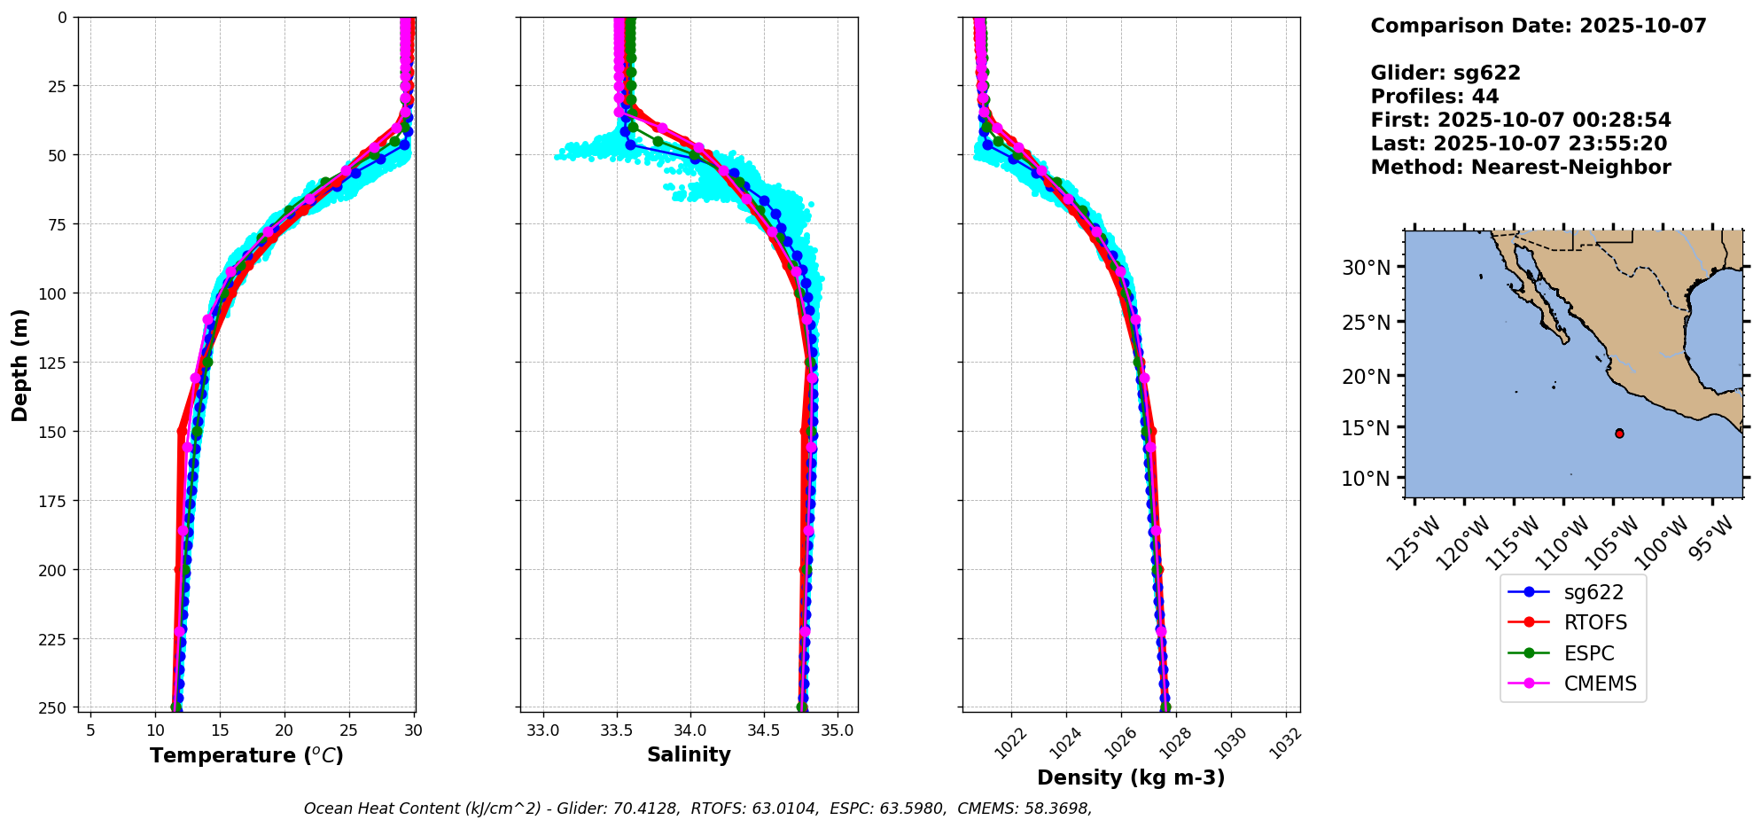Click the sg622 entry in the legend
[1593, 592]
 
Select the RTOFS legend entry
[1595, 622]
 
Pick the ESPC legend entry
[1589, 653]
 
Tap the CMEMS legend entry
[1600, 683]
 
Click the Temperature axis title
[246, 755]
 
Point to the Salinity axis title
[689, 754]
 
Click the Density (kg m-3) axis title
[1131, 777]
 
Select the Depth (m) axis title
[19, 365]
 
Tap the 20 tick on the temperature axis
[284, 730]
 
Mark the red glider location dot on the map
[1619, 434]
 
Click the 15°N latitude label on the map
[1366, 427]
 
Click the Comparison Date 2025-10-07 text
[1538, 26]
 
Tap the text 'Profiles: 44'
[1434, 97]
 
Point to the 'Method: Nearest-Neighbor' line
[1520, 168]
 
